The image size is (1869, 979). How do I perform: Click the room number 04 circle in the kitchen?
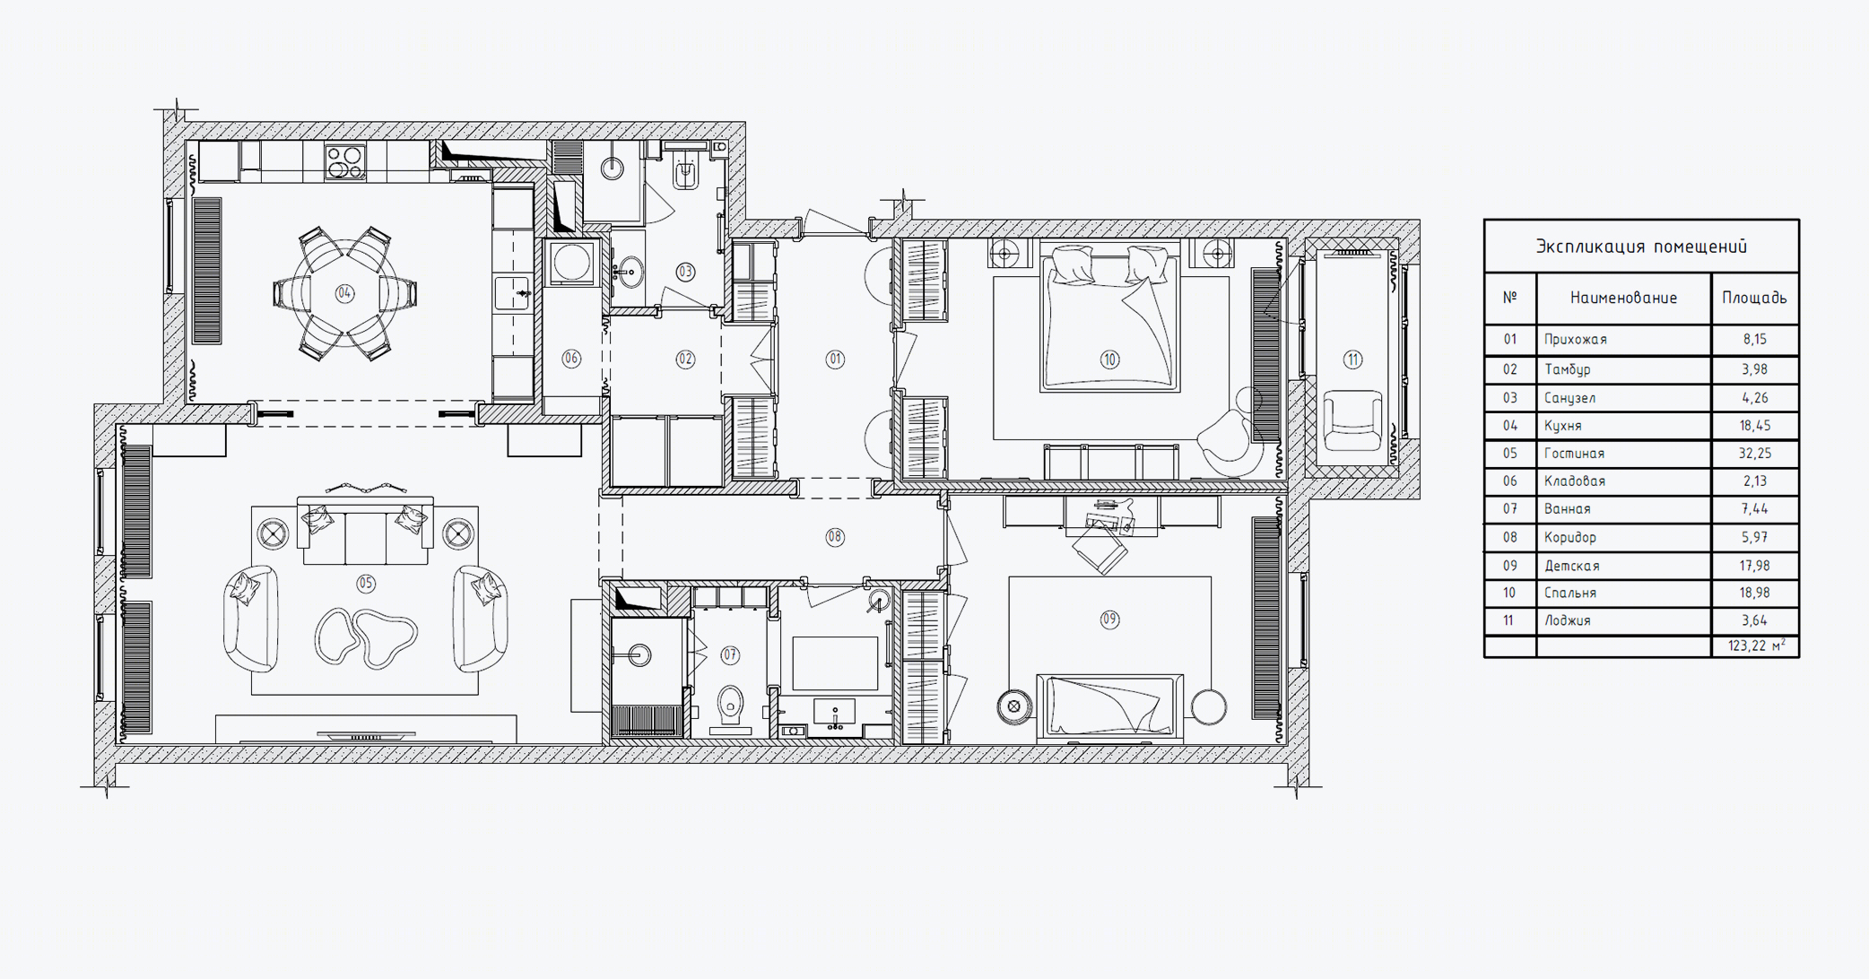344,293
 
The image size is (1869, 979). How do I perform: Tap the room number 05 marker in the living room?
366,584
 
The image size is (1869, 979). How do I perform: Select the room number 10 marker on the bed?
1109,360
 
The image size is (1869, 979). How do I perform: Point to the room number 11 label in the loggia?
1352,360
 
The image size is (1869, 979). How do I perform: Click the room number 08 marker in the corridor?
835,537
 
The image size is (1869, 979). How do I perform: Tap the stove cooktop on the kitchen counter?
345,162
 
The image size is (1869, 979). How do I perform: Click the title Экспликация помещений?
1641,247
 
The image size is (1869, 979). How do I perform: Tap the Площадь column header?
1754,299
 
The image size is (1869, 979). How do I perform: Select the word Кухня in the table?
1563,426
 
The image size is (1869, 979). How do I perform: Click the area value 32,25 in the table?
1755,454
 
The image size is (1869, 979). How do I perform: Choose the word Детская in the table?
1572,566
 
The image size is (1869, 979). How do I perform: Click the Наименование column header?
1623,299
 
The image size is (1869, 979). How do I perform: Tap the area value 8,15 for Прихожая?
1755,340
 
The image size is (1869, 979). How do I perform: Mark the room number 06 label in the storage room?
571,359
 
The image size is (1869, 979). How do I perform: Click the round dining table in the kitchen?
344,293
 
